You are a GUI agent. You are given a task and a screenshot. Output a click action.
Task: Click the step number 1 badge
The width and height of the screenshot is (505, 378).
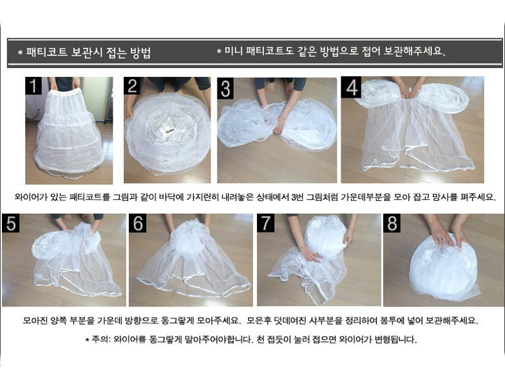click(x=34, y=86)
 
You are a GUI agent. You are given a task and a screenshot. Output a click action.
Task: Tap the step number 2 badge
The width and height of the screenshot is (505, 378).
click(x=131, y=86)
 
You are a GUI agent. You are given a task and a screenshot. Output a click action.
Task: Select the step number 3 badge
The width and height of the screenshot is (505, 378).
click(x=225, y=89)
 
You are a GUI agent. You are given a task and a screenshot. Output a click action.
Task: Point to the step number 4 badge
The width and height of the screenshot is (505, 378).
click(x=351, y=87)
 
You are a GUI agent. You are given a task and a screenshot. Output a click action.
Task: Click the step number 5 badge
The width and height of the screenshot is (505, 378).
click(x=11, y=223)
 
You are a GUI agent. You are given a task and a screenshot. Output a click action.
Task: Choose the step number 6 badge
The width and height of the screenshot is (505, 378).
click(x=138, y=223)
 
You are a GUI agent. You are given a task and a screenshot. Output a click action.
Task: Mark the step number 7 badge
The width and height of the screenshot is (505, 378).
click(x=265, y=223)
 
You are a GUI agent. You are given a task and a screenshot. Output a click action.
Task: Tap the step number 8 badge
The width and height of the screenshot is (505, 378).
click(x=392, y=223)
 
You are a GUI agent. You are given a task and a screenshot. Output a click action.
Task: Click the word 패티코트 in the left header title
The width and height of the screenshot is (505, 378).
click(x=47, y=52)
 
